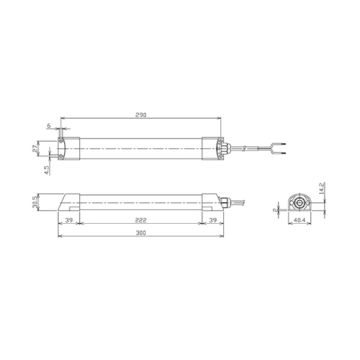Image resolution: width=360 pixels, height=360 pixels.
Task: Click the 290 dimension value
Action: (141, 115)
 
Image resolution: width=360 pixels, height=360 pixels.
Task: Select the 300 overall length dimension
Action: (141, 233)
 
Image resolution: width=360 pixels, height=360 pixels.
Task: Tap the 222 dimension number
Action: (141, 220)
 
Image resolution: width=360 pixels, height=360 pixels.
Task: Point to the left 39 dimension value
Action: (69, 220)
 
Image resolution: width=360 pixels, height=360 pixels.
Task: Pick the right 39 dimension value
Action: (213, 220)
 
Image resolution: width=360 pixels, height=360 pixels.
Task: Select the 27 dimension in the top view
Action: (35, 149)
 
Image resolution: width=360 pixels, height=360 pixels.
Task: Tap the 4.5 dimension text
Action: (47, 170)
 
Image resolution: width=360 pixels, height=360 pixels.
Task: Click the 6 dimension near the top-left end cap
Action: (49, 125)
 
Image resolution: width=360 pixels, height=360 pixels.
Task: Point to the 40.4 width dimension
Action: (299, 220)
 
